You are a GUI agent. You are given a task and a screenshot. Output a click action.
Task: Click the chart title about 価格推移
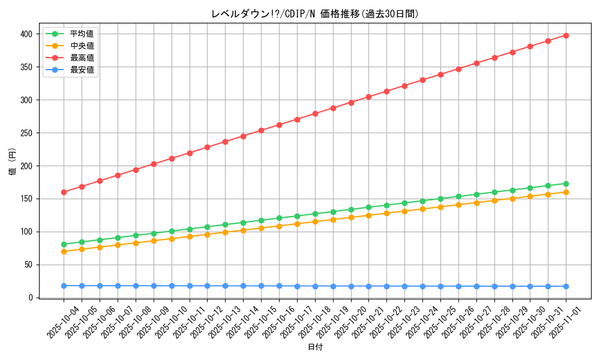click(315, 14)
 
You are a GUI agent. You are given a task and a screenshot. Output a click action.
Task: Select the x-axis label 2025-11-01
click(566, 322)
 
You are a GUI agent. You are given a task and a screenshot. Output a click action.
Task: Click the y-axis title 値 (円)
click(13, 162)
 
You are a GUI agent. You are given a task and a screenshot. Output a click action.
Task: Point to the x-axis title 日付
click(315, 347)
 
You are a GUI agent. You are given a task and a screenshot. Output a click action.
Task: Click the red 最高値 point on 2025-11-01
click(566, 35)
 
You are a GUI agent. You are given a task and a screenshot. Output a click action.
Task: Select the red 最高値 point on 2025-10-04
click(64, 192)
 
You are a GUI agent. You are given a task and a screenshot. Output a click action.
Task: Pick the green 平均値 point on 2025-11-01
click(566, 184)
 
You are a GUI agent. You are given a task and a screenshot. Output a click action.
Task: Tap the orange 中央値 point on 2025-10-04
click(64, 251)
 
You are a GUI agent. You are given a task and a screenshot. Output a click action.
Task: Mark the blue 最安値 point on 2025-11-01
click(566, 286)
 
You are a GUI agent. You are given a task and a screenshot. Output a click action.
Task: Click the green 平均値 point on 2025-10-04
click(64, 244)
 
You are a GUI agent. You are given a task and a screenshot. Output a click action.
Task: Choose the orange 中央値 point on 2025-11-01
click(566, 192)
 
